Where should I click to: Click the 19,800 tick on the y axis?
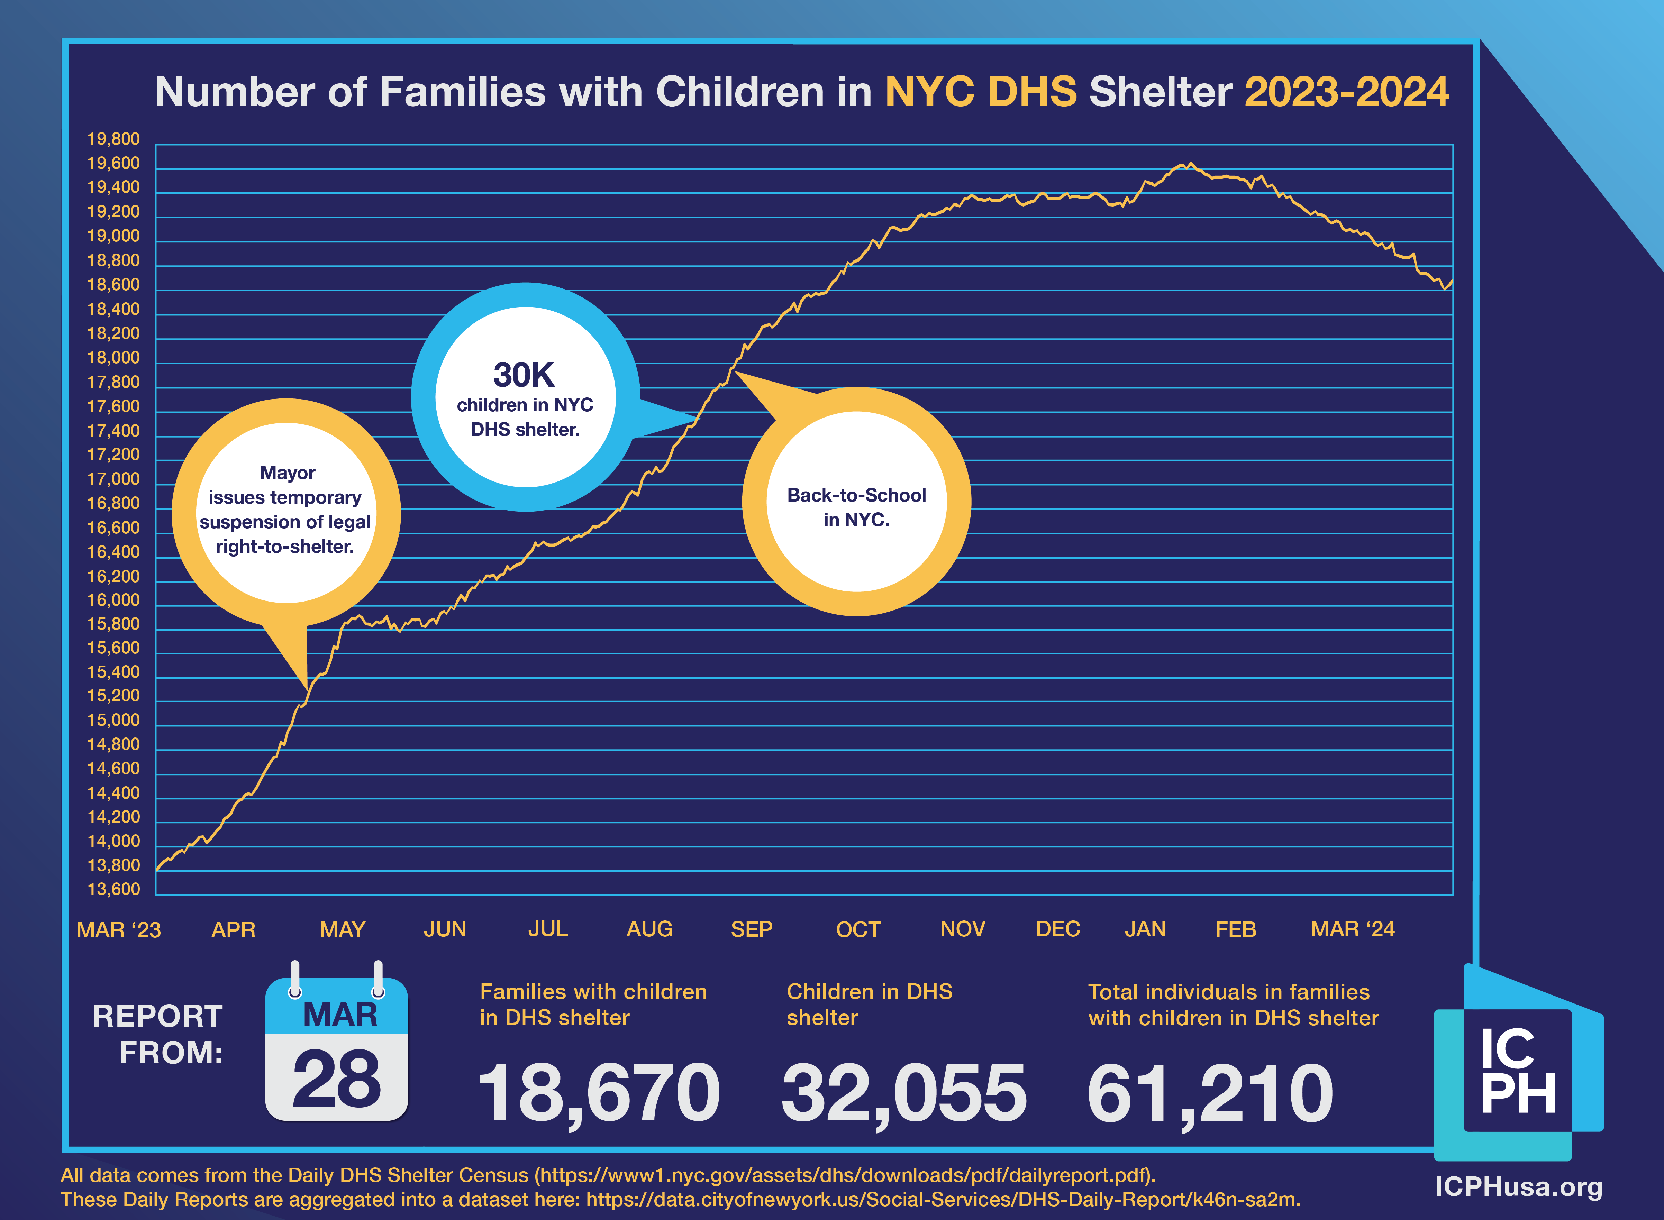tap(113, 139)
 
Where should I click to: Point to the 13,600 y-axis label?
tap(113, 889)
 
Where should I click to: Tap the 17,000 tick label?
tap(113, 479)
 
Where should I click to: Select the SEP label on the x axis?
tap(751, 929)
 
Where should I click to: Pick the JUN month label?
tap(445, 929)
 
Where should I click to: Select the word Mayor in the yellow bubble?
tap(287, 473)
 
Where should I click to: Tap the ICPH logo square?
tap(1518, 1071)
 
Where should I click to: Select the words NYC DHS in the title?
tap(981, 92)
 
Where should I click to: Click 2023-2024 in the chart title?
tap(1346, 92)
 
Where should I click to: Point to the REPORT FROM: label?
tap(157, 1034)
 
